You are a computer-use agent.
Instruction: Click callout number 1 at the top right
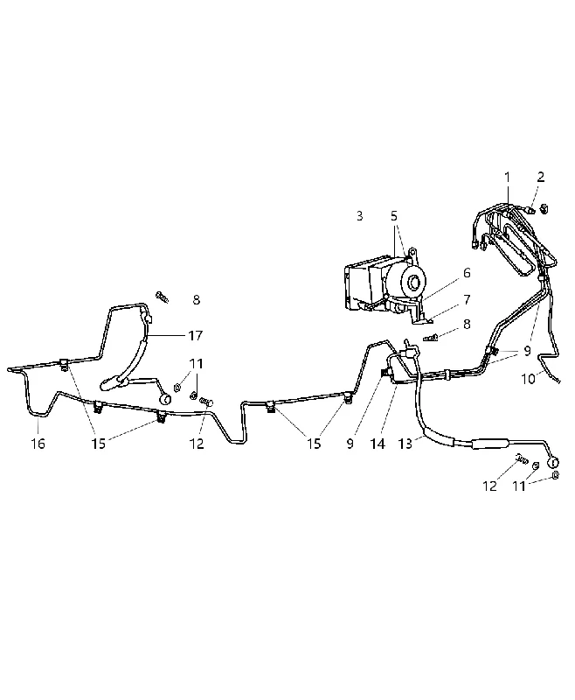tap(507, 178)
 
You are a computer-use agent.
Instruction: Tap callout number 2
tap(541, 177)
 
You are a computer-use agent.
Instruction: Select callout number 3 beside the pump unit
tap(360, 216)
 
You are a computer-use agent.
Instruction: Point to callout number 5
tap(393, 216)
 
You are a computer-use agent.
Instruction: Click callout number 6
tap(467, 273)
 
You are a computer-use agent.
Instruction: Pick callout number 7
tap(467, 299)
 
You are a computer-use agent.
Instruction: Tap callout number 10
tap(528, 379)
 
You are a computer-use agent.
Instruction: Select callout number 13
tap(405, 444)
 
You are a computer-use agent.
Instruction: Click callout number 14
tap(378, 444)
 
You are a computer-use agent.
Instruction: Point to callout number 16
tap(38, 444)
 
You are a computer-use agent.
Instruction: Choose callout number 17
tap(195, 335)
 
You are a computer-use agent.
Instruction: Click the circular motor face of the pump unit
tap(413, 282)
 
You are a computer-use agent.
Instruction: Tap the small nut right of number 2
tap(544, 208)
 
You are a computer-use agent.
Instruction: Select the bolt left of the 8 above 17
tap(163, 297)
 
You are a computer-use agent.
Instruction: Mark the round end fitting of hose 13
tap(554, 462)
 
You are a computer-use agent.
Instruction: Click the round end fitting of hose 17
tap(165, 399)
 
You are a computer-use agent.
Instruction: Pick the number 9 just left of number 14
tap(350, 444)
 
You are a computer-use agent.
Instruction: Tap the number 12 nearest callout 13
tap(489, 486)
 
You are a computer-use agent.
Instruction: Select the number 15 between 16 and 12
tap(99, 444)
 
